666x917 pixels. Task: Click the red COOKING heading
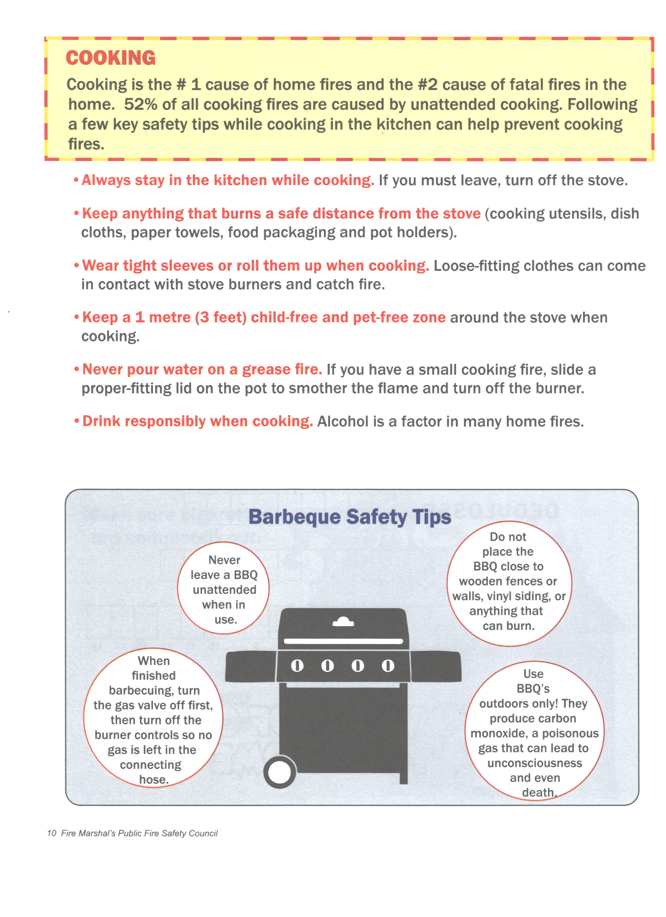[111, 58]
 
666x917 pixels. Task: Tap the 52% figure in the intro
[141, 105]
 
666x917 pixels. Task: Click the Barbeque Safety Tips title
[349, 517]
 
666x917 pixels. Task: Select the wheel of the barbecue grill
[279, 773]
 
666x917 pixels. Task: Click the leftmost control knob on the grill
[297, 666]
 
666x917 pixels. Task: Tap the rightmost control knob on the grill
[388, 666]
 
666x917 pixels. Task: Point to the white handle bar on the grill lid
[343, 641]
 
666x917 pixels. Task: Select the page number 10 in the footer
[51, 833]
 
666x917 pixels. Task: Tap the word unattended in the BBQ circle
[225, 590]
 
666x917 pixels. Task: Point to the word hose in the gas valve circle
[153, 780]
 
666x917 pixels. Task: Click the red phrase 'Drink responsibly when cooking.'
[197, 421]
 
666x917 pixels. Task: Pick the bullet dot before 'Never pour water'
[76, 370]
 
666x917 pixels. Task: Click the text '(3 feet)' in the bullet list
[220, 317]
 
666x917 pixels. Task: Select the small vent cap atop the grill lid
[343, 622]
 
